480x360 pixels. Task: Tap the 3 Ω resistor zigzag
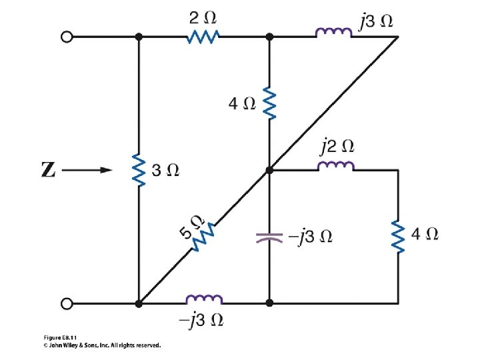139,170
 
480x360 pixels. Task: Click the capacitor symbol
269,237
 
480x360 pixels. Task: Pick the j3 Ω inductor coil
334,33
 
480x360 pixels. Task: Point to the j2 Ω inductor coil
335,167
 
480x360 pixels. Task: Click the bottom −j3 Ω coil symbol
204,300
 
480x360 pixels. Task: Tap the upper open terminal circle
66,37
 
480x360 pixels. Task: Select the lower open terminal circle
66,303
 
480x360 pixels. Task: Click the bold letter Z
48,171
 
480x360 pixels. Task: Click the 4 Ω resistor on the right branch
398,237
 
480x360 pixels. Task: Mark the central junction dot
269,171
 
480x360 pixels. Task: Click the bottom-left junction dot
139,303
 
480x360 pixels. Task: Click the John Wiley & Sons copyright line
97,345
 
